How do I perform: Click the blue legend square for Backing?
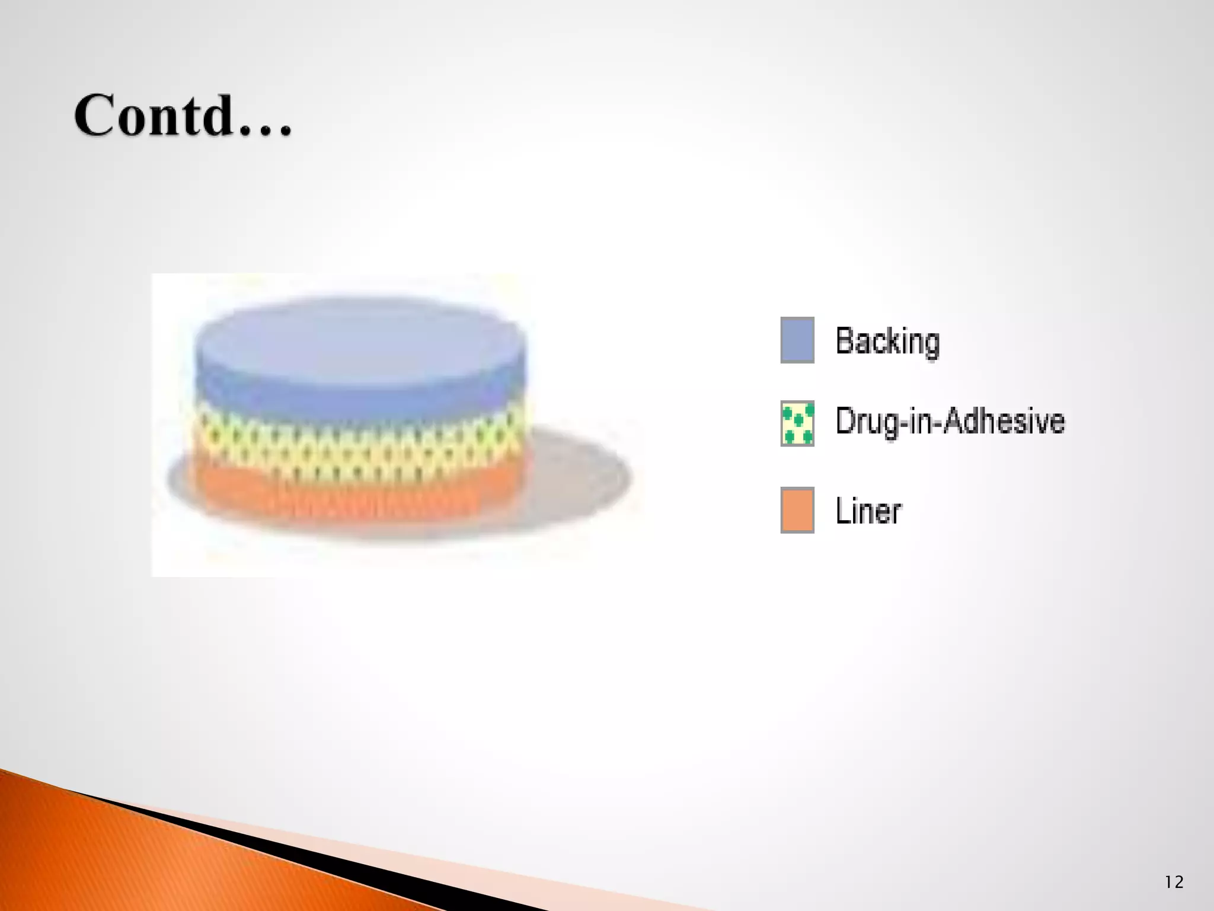(797, 340)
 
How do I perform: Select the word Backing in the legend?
(887, 342)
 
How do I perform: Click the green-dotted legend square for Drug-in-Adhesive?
(797, 423)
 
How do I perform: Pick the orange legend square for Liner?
(797, 510)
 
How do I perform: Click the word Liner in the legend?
(868, 511)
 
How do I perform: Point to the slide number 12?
(1174, 882)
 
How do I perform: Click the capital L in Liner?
(842, 511)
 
